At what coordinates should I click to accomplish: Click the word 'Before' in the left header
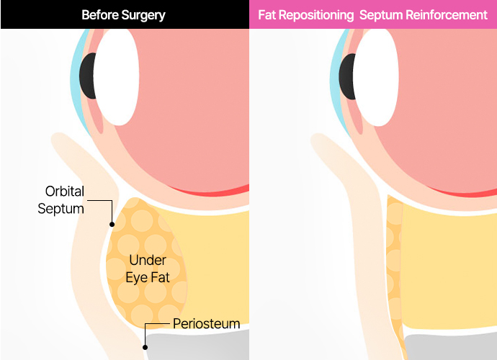(x=99, y=14)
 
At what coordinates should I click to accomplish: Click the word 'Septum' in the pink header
(x=382, y=14)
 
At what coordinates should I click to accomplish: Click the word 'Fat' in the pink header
(x=267, y=14)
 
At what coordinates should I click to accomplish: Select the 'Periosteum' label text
(x=206, y=324)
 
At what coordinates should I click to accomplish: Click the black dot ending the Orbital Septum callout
(x=112, y=224)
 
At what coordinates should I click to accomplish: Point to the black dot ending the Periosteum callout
(x=145, y=346)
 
